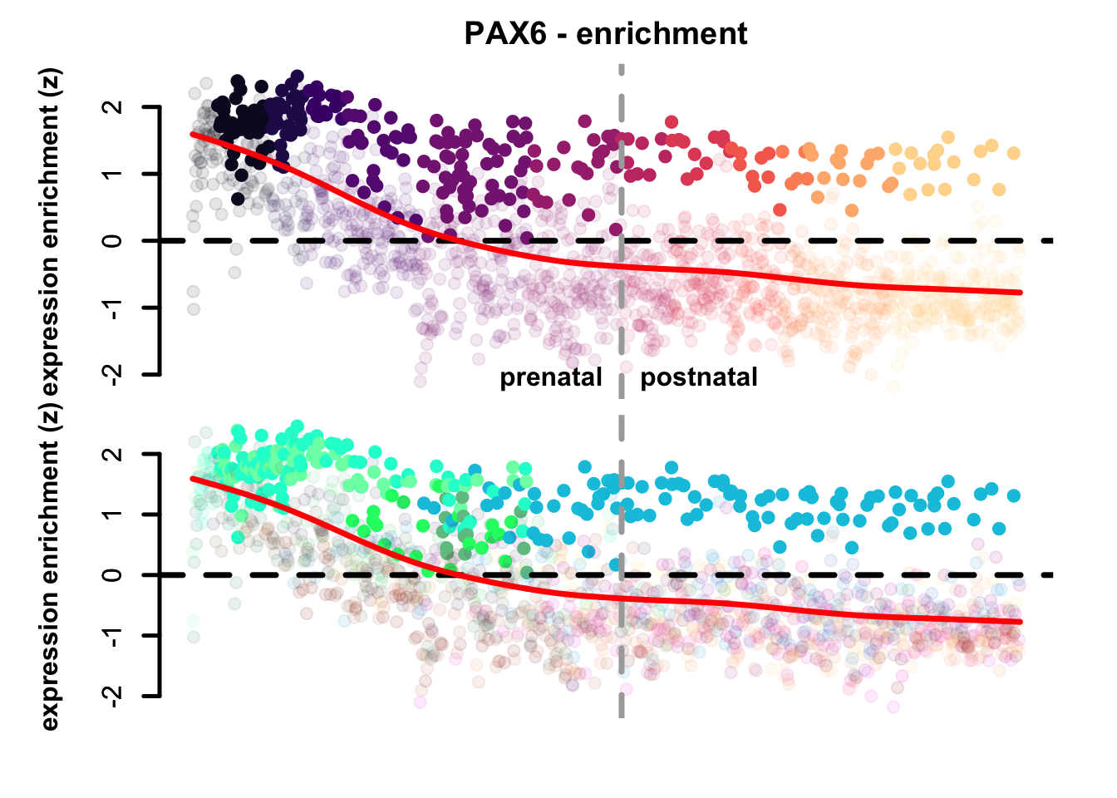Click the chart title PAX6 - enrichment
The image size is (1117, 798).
click(x=605, y=34)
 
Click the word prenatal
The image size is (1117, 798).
click(x=550, y=377)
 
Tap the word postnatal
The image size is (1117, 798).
click(x=699, y=377)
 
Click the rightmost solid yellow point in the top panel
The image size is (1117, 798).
click(x=1013, y=153)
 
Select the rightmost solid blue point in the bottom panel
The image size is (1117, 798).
click(x=1013, y=495)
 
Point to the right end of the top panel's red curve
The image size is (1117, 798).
click(x=1020, y=293)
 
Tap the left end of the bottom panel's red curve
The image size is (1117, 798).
click(x=193, y=478)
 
